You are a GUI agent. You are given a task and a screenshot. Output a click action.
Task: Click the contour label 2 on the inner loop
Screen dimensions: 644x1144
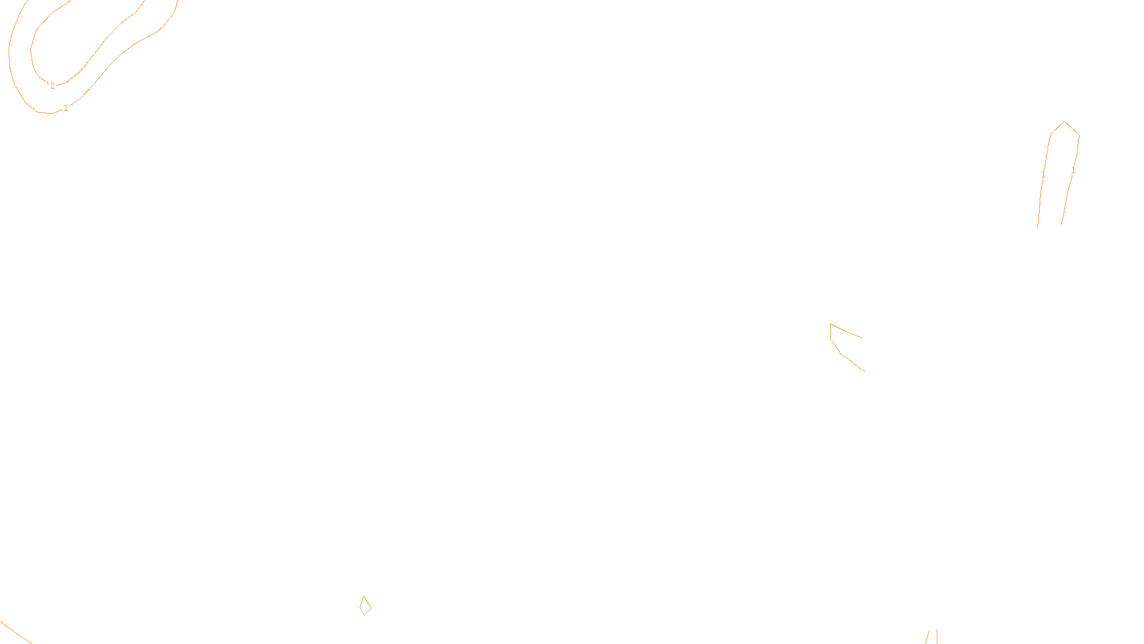tap(52, 86)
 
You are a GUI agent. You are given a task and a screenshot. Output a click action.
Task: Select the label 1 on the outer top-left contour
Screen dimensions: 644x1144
tap(66, 108)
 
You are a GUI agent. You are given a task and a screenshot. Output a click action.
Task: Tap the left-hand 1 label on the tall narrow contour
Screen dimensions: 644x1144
tap(1043, 174)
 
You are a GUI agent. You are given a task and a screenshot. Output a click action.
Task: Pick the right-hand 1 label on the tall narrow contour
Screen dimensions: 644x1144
tap(1072, 170)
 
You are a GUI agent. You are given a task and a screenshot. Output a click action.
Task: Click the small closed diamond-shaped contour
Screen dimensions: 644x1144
tap(365, 606)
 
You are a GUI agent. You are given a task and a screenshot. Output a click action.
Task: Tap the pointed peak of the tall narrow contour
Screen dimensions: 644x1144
tap(1065, 122)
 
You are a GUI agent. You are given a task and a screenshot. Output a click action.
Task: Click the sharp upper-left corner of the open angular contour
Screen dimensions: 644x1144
tap(831, 324)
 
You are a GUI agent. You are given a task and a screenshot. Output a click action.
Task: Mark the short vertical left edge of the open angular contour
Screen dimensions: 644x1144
tap(831, 332)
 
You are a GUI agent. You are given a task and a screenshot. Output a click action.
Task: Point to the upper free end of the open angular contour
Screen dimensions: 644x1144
tap(861, 337)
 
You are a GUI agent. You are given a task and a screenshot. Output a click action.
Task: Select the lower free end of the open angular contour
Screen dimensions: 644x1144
tap(864, 371)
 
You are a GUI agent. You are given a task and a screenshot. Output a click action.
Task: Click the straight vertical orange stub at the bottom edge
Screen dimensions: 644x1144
tap(937, 637)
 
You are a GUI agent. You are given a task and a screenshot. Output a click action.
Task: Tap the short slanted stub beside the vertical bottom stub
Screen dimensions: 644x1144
tap(927, 637)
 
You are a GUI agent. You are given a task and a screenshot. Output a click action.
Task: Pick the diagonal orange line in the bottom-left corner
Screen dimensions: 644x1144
tap(16, 633)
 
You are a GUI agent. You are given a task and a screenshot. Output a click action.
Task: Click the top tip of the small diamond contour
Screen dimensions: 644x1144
tap(364, 596)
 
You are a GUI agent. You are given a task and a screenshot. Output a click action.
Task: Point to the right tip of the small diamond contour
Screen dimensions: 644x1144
tap(371, 607)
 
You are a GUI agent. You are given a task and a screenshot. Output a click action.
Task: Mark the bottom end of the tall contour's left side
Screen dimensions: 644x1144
tap(1038, 227)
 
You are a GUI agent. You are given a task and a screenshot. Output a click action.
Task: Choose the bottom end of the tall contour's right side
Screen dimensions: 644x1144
tap(1062, 224)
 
